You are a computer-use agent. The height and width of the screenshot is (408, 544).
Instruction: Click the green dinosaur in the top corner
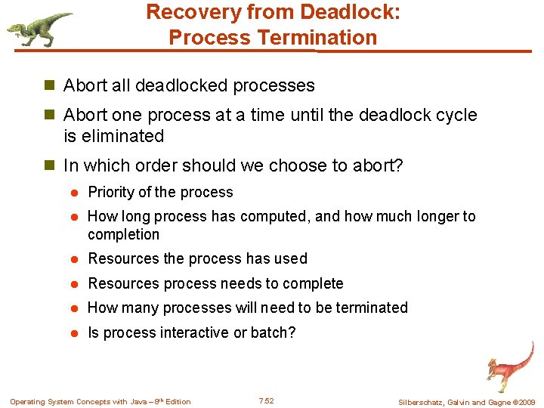[x=38, y=29]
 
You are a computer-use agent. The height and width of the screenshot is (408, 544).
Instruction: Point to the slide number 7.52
[x=266, y=401]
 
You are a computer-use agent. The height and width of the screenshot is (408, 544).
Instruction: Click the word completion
[x=124, y=234]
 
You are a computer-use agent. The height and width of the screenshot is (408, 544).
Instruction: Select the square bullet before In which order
[x=51, y=165]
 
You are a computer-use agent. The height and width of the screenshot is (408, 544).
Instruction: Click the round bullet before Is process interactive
[x=76, y=333]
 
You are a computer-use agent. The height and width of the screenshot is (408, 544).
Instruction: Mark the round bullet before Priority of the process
[x=76, y=193]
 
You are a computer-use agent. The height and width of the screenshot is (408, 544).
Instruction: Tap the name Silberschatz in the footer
[x=422, y=402]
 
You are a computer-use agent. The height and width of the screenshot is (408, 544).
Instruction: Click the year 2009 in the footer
[x=526, y=402]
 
